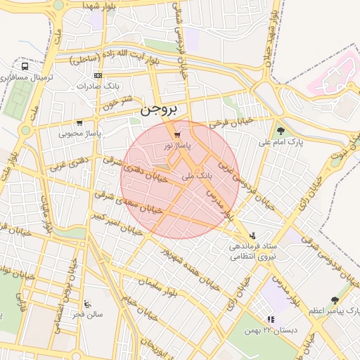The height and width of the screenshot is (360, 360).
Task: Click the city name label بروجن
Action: (x=160, y=110)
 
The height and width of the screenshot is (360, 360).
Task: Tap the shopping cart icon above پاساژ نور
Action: (x=176, y=134)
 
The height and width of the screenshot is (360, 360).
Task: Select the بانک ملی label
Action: (x=197, y=175)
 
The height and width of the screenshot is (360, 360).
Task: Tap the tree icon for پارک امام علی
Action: (x=281, y=131)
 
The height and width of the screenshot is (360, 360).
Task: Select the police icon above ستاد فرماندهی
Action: (x=252, y=236)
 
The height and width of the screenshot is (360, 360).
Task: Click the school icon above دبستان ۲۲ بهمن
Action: (x=271, y=320)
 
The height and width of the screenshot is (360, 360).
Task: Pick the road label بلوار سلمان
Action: (x=155, y=285)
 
